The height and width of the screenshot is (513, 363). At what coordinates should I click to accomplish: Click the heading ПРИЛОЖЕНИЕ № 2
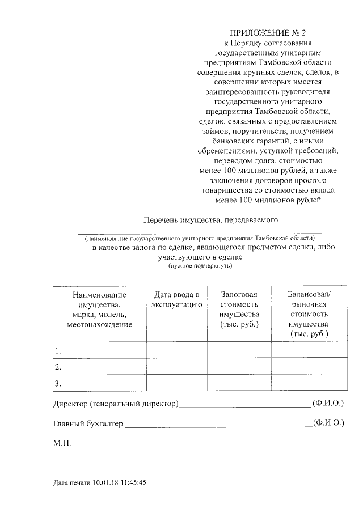click(271, 33)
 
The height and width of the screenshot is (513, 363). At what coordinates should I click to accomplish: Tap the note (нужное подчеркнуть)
click(200, 265)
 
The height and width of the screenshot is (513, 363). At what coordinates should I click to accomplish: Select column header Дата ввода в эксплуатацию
click(176, 299)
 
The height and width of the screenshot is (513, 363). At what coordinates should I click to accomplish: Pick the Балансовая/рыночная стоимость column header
click(309, 314)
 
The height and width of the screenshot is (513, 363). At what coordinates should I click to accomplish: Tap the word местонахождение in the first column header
click(99, 324)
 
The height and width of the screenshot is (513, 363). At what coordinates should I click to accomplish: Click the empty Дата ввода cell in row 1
click(176, 350)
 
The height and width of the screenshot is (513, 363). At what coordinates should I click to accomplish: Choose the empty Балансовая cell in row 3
click(309, 384)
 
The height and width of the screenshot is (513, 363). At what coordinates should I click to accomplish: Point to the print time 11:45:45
click(132, 483)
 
